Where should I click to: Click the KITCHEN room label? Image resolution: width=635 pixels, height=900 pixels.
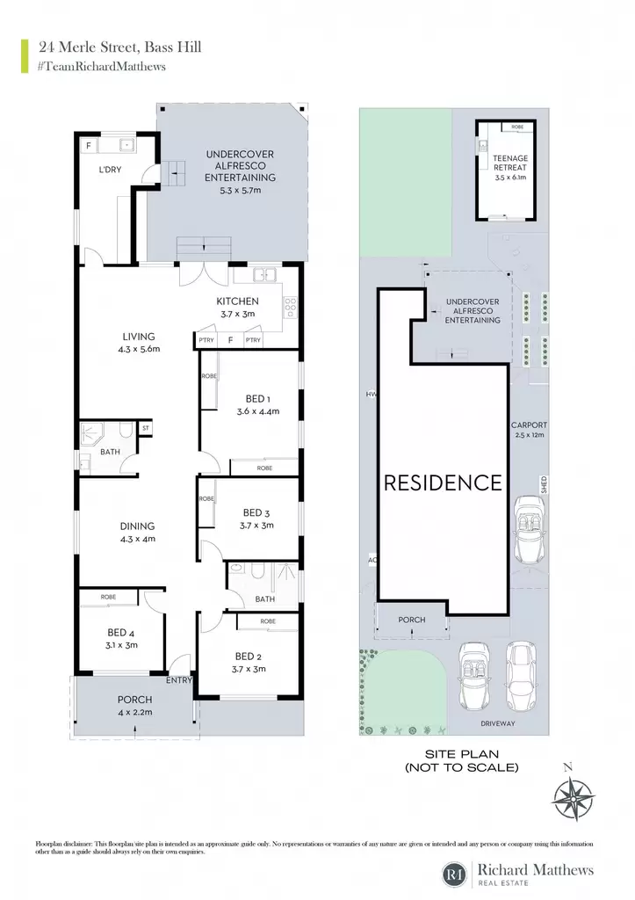coord(237,301)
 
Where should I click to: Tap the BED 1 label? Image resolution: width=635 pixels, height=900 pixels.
coord(257,398)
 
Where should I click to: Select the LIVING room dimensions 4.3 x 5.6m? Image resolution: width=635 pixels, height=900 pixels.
coord(138,349)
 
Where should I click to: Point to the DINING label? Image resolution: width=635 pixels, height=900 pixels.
coord(137,526)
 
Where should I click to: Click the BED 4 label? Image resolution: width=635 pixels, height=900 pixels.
coord(121,633)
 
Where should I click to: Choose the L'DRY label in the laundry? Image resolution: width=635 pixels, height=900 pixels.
coord(110,170)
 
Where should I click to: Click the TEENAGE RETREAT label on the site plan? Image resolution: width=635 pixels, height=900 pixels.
coord(510,163)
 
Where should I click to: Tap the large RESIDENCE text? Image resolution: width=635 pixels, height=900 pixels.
coord(443,483)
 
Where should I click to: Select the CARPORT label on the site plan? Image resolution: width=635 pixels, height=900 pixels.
coord(529,425)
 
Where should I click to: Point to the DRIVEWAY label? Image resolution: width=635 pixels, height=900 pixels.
coord(498,724)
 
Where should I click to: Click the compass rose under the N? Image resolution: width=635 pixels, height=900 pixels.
coord(574,798)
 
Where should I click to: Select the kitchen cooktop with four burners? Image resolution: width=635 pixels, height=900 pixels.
coord(290,307)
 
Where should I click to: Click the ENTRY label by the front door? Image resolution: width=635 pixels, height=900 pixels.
coord(178,680)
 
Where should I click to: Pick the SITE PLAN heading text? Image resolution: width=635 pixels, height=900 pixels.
coord(462,754)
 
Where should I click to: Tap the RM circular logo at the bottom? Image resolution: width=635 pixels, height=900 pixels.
coord(455,875)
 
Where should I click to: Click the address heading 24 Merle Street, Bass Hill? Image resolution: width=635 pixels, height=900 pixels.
coord(120,47)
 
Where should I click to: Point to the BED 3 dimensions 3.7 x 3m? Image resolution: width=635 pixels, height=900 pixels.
coord(256,526)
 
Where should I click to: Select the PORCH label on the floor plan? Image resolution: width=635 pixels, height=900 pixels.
coord(134,700)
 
